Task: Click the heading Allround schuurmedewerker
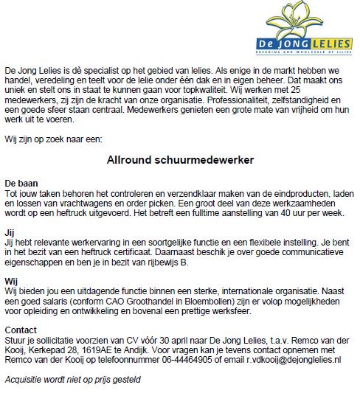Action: tap(181, 159)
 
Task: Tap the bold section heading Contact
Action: tap(21, 329)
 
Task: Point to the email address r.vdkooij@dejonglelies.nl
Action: tap(290, 359)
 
